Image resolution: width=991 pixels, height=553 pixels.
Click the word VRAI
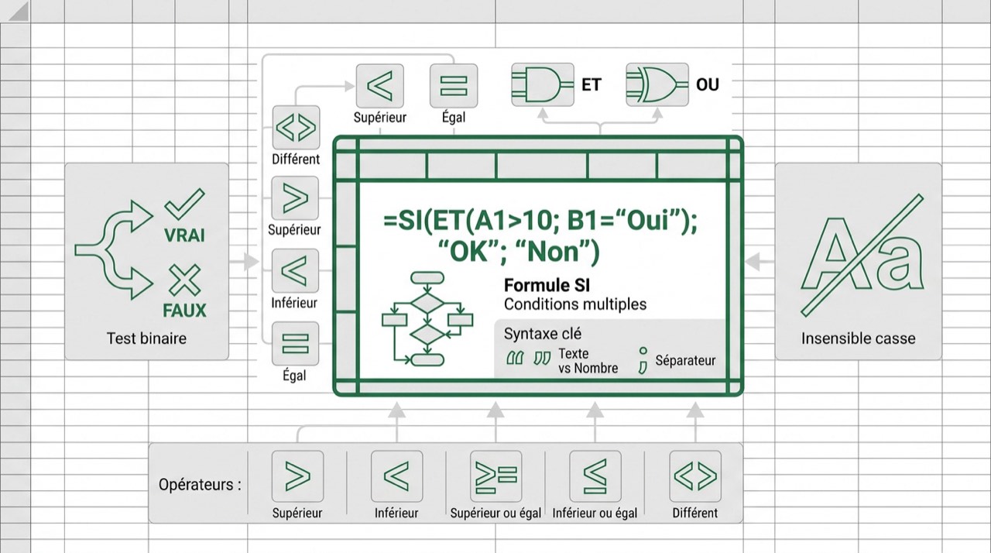click(x=184, y=235)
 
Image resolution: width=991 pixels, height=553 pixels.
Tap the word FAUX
click(x=184, y=311)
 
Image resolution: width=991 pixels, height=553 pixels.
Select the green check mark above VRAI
click(x=184, y=204)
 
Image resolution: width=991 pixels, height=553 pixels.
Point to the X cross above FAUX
click(x=184, y=280)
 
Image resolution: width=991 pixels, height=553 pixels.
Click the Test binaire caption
click(x=146, y=338)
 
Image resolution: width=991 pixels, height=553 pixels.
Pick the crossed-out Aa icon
click(x=862, y=256)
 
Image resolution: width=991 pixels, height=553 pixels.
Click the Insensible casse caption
click(x=859, y=338)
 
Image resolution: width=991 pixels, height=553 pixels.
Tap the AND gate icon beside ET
click(x=543, y=84)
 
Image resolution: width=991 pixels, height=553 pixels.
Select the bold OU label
click(x=708, y=84)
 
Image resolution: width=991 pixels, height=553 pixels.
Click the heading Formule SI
click(x=547, y=285)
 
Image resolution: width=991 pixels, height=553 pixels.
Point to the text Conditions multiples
click(x=575, y=304)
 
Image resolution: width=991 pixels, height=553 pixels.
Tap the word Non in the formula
click(x=553, y=252)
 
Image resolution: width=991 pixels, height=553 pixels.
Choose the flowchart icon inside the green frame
click(x=427, y=319)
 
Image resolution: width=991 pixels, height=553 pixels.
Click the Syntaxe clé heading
click(x=543, y=334)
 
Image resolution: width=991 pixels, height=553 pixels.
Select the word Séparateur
click(x=685, y=361)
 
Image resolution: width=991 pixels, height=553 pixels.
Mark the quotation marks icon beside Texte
click(x=529, y=358)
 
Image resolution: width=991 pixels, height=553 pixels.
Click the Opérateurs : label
click(x=200, y=485)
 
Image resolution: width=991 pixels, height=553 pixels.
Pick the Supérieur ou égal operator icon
click(x=496, y=476)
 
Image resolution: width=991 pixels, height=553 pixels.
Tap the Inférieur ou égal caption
click(x=595, y=513)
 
